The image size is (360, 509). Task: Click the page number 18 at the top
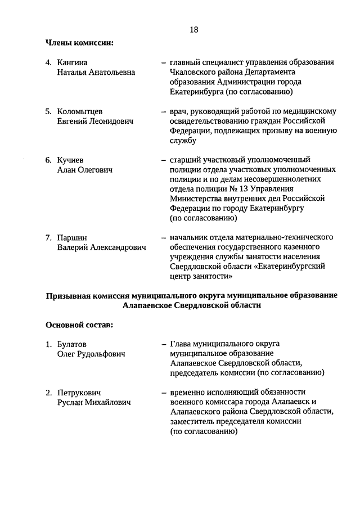pos(193,29)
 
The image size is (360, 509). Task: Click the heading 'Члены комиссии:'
pos(79,42)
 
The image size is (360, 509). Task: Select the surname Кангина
pos(73,62)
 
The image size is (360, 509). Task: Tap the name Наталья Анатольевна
pos(96,73)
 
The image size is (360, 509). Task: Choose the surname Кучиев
pos(70,160)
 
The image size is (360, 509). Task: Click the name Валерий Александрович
pos(101,247)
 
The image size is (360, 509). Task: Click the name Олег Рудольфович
pos(91,354)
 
